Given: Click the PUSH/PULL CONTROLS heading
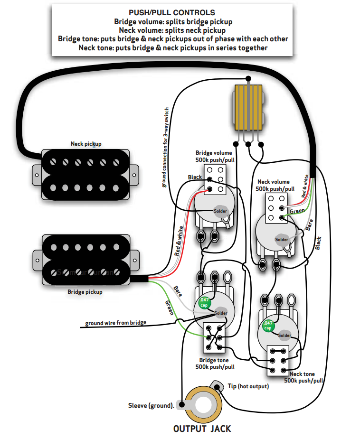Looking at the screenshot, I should (172, 13).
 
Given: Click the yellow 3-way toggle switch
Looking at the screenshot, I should (248, 106).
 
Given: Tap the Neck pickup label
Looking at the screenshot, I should (86, 143).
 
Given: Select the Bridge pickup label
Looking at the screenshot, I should (85, 292).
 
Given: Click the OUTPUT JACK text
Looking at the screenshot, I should (202, 429).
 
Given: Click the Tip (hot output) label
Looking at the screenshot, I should (248, 386).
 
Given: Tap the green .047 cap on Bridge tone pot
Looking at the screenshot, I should (204, 302).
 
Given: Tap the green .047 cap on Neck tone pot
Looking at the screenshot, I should (268, 326).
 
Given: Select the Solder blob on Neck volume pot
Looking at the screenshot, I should (282, 239).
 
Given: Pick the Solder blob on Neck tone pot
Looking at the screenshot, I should (285, 335).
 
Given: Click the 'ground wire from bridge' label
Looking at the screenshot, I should (116, 323).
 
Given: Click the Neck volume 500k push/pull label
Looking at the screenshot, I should (274, 185).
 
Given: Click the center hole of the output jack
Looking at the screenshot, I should (203, 406).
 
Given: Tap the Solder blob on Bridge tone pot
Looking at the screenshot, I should (221, 313).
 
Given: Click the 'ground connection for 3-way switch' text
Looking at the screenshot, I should (166, 147).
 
